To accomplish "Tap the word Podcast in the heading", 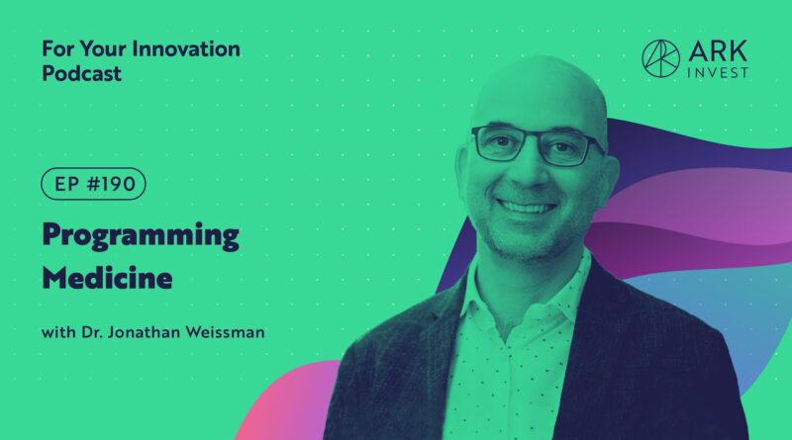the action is [x=82, y=73].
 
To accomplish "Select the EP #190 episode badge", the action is [x=93, y=184].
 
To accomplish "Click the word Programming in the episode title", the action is [x=141, y=236].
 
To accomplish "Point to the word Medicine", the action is [x=107, y=278].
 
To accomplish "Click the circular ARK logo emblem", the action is [x=660, y=58].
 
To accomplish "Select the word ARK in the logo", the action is [x=718, y=51].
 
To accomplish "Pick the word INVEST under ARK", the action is [x=718, y=73].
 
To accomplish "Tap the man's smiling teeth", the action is [x=527, y=207].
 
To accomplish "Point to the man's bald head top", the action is [x=541, y=81].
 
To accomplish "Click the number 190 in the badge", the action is [x=119, y=184].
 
